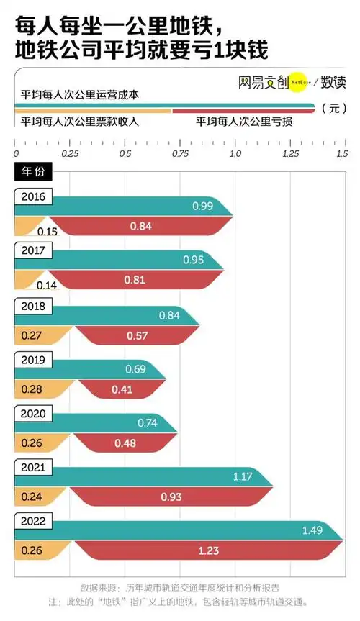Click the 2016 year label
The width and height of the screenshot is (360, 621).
click(x=32, y=196)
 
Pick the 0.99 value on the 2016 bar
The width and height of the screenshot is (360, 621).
click(x=202, y=207)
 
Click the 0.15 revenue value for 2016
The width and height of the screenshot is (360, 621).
click(x=48, y=231)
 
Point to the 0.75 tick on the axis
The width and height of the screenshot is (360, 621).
click(x=180, y=153)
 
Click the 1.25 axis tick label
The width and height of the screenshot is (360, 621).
click(x=290, y=153)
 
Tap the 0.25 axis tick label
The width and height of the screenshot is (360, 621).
click(x=70, y=153)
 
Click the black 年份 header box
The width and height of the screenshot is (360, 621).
click(x=32, y=173)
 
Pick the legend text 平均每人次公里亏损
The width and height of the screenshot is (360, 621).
click(x=243, y=122)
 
